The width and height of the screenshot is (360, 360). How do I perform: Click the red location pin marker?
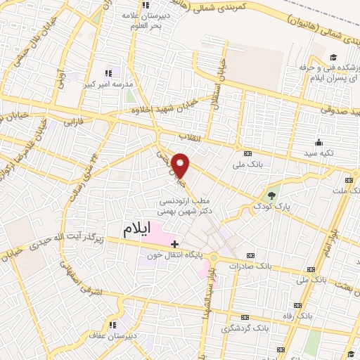(181, 165)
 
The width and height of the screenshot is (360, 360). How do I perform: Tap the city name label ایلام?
(138, 230)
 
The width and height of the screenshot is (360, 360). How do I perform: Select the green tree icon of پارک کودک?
(272, 195)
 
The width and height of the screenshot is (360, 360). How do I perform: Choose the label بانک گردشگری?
(243, 328)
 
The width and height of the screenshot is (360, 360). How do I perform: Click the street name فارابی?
(74, 122)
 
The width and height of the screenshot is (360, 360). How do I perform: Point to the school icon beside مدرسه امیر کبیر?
(109, 72)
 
